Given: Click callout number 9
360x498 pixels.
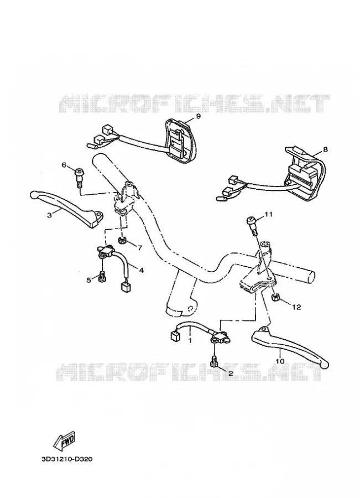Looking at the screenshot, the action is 199,116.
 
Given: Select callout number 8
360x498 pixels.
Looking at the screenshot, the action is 325,149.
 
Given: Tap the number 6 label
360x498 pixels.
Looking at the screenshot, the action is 64,165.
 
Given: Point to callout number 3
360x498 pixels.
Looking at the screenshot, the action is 49,215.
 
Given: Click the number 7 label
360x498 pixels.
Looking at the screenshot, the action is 140,247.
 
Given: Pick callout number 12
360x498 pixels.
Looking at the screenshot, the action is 297,308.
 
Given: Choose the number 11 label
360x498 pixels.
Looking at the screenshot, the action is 269,215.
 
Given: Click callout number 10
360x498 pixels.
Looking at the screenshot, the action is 280,361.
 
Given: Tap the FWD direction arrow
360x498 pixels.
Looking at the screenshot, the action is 64,441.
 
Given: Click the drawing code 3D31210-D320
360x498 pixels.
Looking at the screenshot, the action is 67,459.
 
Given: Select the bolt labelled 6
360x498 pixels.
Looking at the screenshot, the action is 78,178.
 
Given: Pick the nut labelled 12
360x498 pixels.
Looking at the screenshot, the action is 275,298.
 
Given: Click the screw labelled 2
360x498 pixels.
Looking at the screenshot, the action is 213,361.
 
